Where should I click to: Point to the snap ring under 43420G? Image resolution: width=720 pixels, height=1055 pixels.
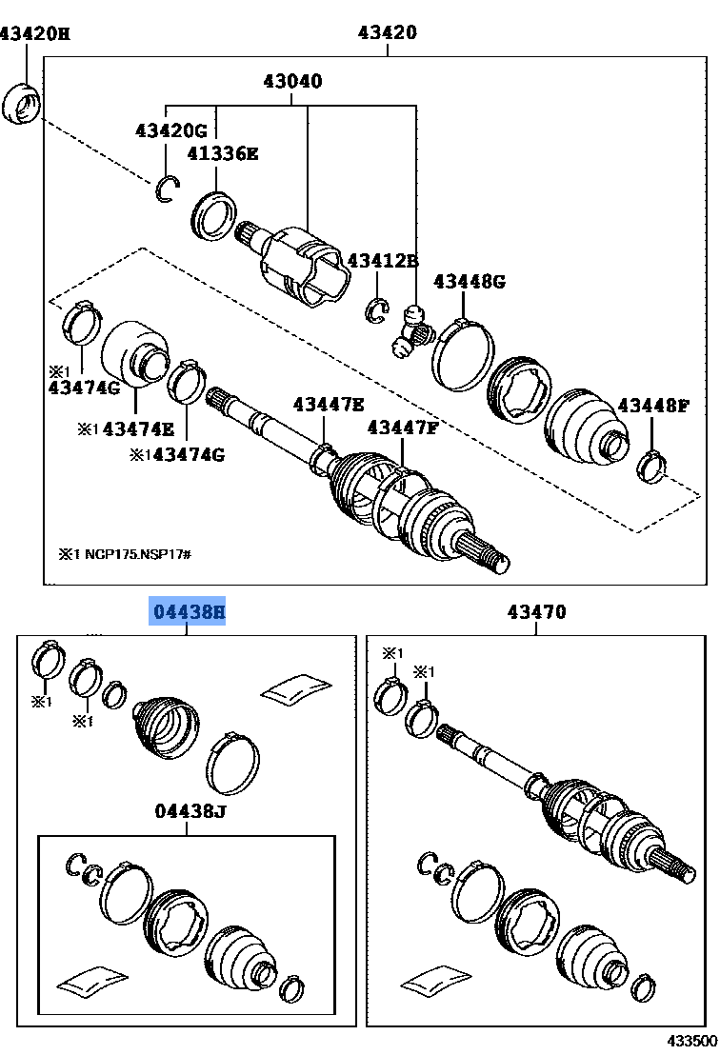coord(168,190)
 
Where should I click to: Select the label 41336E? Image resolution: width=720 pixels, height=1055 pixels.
coord(222,152)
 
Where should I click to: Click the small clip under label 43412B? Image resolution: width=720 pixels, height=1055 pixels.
coord(378,308)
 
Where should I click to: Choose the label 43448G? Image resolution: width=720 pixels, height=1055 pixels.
coord(469,281)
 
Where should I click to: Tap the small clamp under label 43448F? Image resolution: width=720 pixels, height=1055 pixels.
coord(653,466)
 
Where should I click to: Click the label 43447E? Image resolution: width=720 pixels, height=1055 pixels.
coord(328,405)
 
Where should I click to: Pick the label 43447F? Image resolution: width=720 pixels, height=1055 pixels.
coord(403,428)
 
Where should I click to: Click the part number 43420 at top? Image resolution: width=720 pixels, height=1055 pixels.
coord(388,33)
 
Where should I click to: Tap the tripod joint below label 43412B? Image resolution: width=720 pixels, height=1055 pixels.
coord(412,333)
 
